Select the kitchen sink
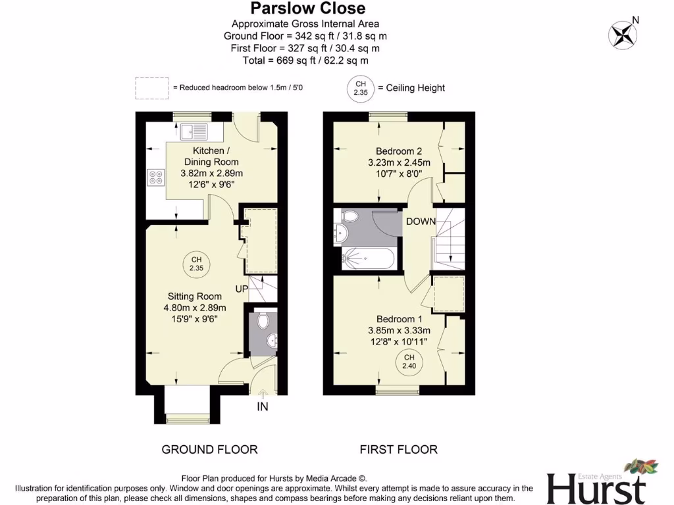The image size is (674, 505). click(x=194, y=132)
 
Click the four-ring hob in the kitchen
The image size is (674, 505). click(x=157, y=176)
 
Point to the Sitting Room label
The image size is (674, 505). click(x=194, y=296)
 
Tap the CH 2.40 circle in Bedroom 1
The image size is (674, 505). click(x=409, y=361)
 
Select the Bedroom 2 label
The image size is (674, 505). click(x=399, y=150)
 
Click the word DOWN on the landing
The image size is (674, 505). click(x=421, y=222)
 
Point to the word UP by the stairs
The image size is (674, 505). click(x=242, y=289)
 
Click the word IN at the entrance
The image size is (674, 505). click(x=263, y=407)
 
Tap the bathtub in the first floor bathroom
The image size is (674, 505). click(x=369, y=259)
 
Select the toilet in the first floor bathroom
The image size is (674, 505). click(x=350, y=216)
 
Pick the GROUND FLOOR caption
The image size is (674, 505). click(x=209, y=450)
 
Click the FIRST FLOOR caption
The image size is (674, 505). click(x=398, y=450)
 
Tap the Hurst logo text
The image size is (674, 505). click(x=596, y=489)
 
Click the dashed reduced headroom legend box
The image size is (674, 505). click(x=151, y=87)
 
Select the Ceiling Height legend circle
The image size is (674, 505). click(x=360, y=87)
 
